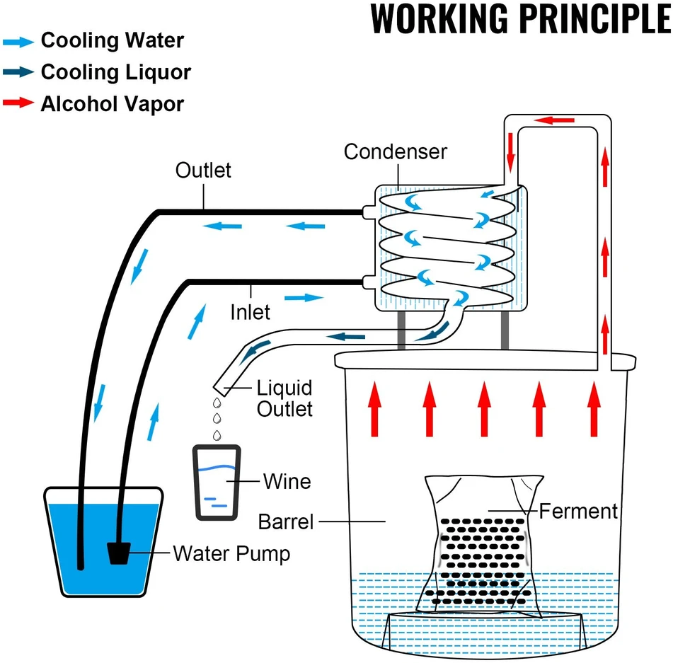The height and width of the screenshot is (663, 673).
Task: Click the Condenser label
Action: pos(396,151)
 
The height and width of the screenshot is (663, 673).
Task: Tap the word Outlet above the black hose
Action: pos(203,170)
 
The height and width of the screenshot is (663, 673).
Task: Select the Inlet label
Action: pos(251,312)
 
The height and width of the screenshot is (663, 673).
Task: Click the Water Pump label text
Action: pos(231,553)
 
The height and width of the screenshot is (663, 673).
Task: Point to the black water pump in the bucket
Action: pos(118,553)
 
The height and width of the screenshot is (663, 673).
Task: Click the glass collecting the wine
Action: pos(217,483)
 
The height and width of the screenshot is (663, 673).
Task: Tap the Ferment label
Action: pos(578,511)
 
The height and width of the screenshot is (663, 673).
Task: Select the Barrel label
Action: pos(286,521)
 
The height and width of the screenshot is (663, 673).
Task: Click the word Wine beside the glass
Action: pos(287,481)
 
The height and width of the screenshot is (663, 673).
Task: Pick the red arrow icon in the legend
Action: pos(18,103)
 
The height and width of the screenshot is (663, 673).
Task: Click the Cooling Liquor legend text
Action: pos(116,71)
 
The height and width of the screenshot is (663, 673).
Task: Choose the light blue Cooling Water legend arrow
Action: pos(18,42)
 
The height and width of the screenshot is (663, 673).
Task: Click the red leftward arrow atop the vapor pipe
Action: pos(554,120)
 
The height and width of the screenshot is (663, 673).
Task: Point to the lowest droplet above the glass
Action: pos(217,435)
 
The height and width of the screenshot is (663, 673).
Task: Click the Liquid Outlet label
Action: pos(284,398)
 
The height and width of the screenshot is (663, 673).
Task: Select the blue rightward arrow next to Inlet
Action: pos(304,298)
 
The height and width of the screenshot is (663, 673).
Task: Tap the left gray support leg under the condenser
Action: pos(401,330)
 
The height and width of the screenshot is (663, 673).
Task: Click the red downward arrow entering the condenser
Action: pos(510,152)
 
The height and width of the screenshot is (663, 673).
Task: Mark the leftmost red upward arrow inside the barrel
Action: pos(374,408)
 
